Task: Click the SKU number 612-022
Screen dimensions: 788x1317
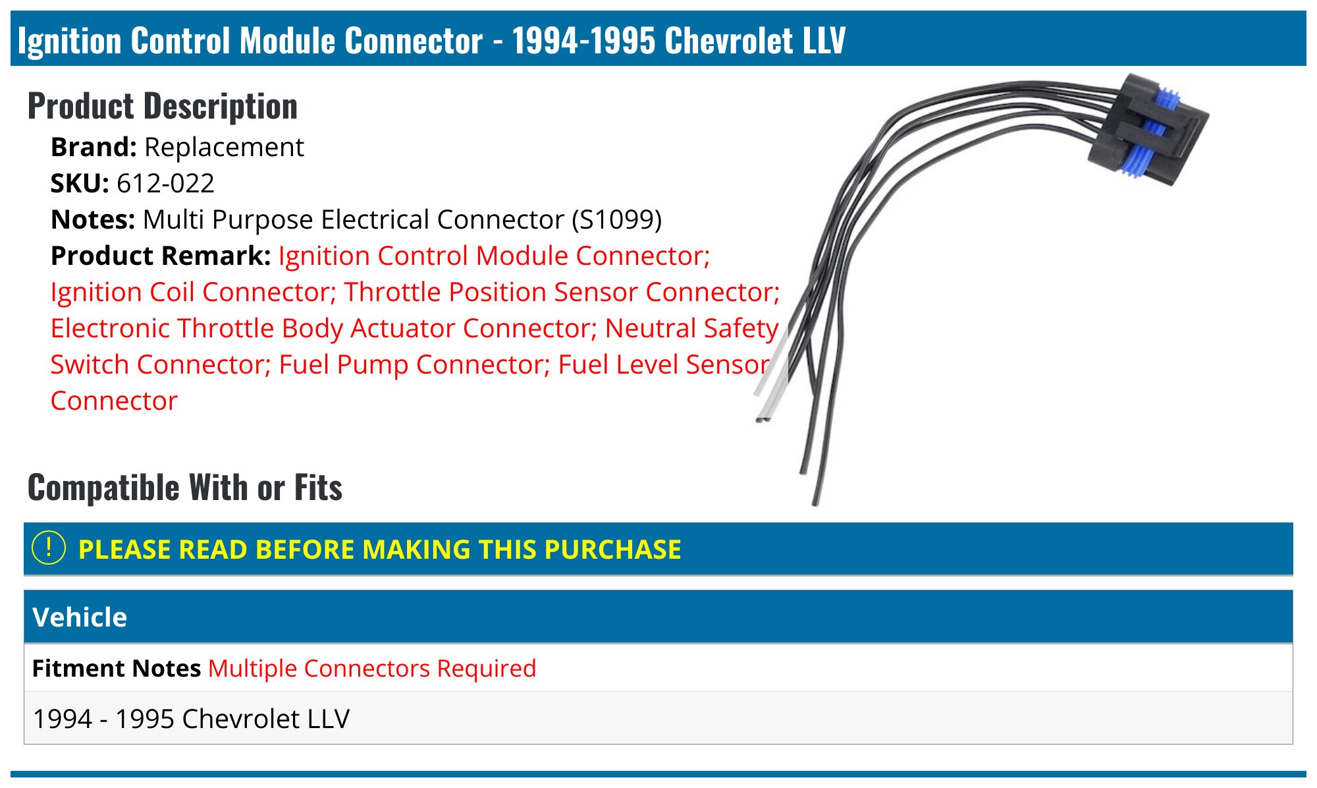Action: point(165,183)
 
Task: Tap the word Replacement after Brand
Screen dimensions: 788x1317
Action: point(224,147)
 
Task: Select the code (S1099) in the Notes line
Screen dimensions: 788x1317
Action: point(616,219)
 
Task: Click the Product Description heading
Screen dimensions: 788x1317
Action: point(163,106)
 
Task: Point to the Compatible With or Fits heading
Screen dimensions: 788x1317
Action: point(185,488)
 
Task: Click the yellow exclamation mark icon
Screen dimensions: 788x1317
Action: point(49,548)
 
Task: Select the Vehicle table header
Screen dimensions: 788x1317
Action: point(80,617)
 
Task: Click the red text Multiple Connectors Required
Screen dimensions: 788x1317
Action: point(372,668)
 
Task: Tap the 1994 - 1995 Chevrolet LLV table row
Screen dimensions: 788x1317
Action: point(191,719)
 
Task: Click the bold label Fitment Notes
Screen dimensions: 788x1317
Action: point(116,668)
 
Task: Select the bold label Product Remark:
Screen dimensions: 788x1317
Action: point(161,256)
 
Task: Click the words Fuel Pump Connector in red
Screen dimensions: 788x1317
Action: point(414,364)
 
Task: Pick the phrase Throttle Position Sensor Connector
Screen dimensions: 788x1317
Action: point(562,292)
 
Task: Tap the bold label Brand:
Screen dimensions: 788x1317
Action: point(94,147)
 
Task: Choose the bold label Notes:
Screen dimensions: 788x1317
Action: point(93,219)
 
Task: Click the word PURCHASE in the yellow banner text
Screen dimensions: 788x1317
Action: point(612,549)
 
